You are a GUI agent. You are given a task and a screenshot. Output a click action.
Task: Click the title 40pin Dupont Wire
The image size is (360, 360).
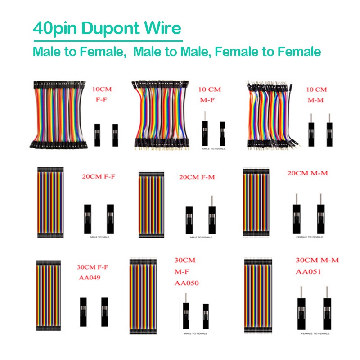point(107,28)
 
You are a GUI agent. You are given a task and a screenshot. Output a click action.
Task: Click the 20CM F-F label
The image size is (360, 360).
point(98,176)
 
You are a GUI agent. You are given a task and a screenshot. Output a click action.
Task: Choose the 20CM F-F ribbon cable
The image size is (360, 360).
point(50,202)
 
